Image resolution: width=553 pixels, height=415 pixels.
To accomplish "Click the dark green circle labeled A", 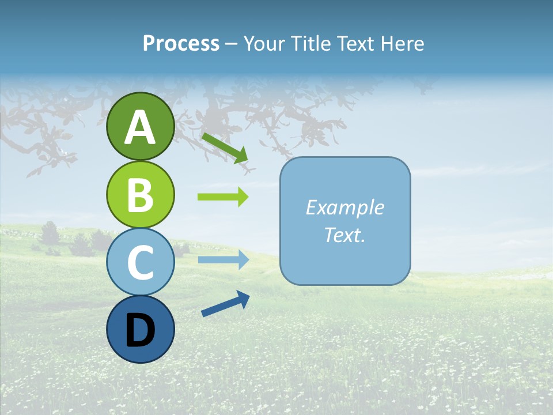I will (140, 126).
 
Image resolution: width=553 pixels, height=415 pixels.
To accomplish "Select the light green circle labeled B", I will (140, 194).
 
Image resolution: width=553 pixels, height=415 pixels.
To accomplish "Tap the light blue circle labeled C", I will (140, 262).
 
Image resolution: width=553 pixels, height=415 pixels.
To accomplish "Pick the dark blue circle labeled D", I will (140, 329).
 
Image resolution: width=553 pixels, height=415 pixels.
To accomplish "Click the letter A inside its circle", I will (140, 127).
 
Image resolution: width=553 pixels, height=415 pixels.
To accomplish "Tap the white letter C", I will (140, 262).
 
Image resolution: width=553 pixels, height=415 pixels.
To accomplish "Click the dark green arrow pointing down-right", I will (225, 148).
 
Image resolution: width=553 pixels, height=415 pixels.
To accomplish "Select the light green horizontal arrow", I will (223, 197).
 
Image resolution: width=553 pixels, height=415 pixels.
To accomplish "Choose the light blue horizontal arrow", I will (223, 259).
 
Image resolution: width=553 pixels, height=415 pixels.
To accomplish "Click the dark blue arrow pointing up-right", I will (225, 304).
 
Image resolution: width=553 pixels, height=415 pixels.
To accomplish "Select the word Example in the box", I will (345, 207).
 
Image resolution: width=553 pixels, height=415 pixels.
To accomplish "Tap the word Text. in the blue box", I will (345, 235).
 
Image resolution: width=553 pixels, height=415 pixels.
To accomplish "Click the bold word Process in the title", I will (181, 43).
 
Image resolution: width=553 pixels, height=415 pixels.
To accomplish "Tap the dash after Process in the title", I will (232, 44).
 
